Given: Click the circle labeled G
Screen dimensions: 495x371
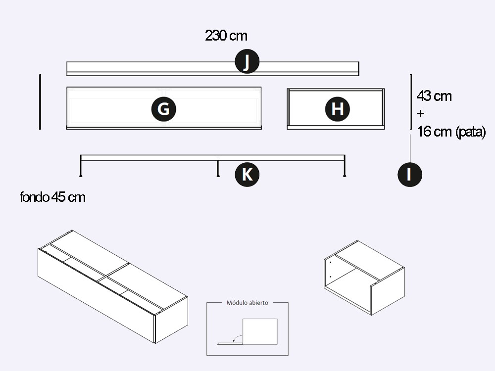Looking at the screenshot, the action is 163,109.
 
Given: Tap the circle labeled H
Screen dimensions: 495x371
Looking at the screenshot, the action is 338,109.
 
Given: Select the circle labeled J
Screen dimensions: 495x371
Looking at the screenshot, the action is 247,61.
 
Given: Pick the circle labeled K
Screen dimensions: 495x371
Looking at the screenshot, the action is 247,175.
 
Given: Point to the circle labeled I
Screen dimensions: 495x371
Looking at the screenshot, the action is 410,175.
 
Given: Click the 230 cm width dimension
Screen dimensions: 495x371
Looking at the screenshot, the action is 226,35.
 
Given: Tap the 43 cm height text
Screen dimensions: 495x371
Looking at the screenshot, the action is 434,96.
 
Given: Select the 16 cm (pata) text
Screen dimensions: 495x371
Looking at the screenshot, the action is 451,132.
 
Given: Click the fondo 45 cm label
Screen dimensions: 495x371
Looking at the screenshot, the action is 52,197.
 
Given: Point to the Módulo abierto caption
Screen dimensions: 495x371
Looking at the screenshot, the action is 247,303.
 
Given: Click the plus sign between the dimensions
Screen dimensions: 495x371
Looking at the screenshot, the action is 420,114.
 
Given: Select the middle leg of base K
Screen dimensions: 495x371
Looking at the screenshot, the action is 218,169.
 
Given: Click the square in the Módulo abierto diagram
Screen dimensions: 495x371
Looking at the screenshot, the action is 260,331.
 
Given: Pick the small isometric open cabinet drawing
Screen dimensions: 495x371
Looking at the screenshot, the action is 364,278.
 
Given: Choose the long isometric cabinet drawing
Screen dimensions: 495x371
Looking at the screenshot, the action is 113,286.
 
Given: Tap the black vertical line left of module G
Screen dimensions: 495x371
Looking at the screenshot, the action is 40,101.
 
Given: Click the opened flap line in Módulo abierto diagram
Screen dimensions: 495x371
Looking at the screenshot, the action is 230,344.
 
